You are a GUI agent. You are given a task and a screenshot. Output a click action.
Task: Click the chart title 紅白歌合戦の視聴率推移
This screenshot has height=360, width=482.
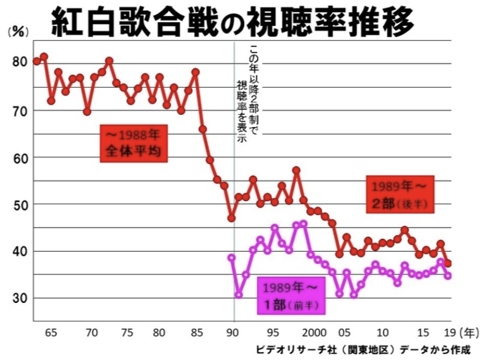coord(232,22)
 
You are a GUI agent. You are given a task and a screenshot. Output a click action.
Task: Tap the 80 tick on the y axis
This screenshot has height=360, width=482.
coord(19,62)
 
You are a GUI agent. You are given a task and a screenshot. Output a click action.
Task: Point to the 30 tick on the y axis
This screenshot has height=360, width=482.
coord(19,298)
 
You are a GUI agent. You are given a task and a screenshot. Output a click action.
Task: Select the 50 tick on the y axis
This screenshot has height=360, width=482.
coord(19,204)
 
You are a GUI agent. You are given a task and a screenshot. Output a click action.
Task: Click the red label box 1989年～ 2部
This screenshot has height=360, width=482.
coord(400,194)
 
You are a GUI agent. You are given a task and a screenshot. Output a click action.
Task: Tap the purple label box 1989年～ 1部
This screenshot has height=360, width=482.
coord(290,296)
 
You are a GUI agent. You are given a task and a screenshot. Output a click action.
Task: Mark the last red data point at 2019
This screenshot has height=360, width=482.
coord(448,263)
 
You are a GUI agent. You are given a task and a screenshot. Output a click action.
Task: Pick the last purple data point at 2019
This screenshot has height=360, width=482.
coord(448,276)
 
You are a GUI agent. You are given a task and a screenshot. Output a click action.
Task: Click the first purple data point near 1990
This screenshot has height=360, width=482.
coord(232,258)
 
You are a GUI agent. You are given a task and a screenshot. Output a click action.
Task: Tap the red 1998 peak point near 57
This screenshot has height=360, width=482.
coord(296,171)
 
